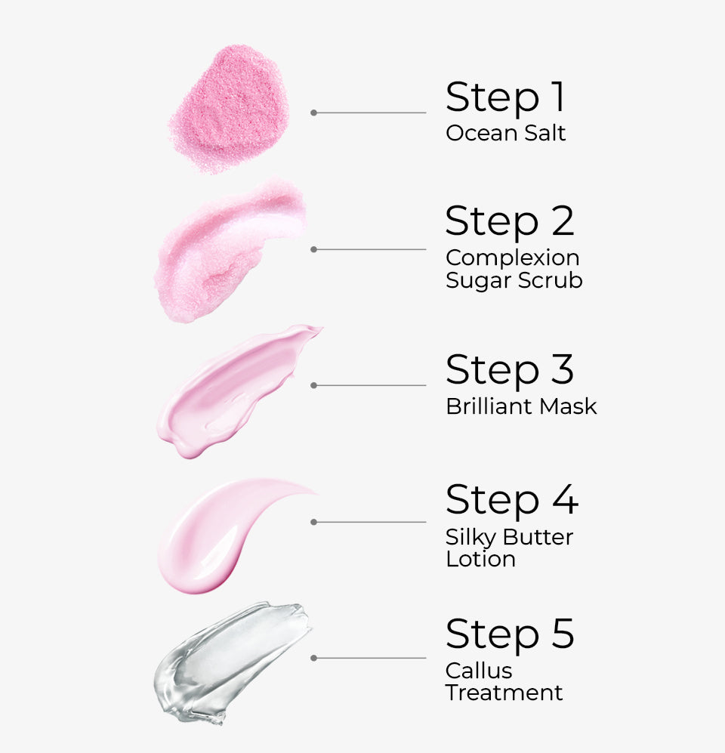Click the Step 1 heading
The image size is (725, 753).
pos(505,97)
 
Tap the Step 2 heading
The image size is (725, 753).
pos(510,221)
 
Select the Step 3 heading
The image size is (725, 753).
pos(510,370)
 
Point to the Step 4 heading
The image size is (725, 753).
pos(511,499)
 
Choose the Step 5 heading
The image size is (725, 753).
pos(510,634)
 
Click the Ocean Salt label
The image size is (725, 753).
pos(505,134)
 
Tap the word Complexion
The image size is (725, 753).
pos(512,258)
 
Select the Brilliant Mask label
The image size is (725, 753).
pos(521,406)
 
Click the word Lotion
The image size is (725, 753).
pos(480,560)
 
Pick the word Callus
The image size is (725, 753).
pos(479,671)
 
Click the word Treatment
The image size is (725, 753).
pos(504,693)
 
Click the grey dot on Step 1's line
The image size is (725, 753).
pos(313,113)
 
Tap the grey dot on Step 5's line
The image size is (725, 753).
pos(313,658)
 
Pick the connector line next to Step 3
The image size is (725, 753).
pos(370,385)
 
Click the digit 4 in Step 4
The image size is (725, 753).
pos(563,499)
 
